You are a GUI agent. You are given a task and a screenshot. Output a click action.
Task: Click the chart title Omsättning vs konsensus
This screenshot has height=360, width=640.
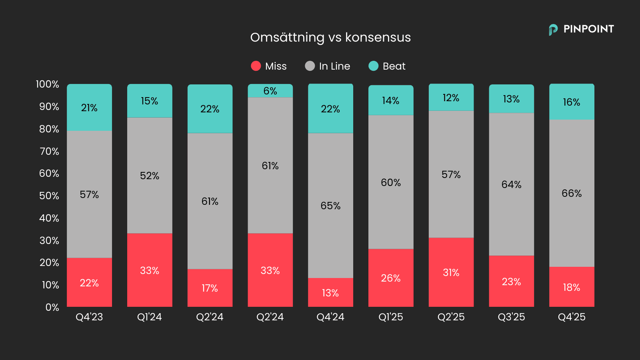tap(330, 37)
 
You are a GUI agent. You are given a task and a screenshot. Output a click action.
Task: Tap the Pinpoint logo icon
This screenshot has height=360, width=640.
tap(553, 29)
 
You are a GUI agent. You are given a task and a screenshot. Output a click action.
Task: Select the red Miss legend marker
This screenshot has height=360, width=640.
tap(256, 66)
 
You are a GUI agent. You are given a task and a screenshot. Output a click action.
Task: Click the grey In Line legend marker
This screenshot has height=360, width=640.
tap(310, 66)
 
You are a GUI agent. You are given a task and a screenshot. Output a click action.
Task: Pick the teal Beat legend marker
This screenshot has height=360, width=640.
tap(373, 66)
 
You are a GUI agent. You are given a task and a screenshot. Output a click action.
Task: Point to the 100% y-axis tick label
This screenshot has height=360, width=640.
tap(47, 84)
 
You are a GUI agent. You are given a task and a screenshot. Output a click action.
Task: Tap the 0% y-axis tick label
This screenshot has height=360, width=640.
tap(52, 307)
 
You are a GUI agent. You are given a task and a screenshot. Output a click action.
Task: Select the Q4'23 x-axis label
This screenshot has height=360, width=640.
tap(89, 317)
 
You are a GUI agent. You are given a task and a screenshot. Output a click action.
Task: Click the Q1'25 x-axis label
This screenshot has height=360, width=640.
tap(391, 317)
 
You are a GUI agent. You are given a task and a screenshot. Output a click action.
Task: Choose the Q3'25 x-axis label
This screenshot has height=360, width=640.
tap(511, 317)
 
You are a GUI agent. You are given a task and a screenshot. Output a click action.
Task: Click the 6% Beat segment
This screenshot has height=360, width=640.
tap(270, 91)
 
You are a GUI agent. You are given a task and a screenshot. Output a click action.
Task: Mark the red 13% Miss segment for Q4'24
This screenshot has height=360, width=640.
tap(330, 293)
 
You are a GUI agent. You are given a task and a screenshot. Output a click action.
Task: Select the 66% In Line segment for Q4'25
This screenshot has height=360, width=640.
tap(572, 194)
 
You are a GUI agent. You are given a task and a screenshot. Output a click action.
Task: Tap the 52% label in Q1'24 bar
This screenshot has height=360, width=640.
tap(150, 176)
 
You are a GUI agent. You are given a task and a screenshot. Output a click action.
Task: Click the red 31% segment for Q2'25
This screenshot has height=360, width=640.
tap(451, 273)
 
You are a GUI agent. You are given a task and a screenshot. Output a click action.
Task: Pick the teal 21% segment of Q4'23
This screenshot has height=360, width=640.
tap(89, 108)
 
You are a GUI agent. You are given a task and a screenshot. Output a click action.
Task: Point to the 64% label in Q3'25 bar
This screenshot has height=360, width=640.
tap(511, 185)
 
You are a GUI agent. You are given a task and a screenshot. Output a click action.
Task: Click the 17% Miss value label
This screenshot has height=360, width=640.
tap(210, 288)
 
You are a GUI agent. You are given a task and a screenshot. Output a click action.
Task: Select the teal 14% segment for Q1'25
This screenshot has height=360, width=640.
tap(391, 101)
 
